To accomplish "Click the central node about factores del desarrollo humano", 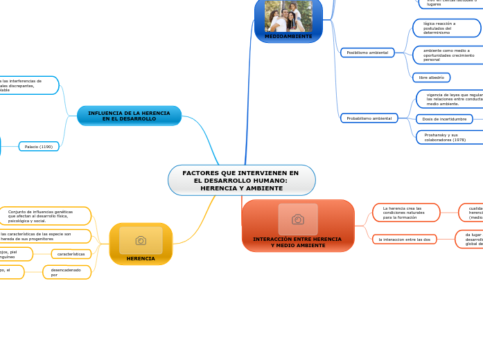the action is [241, 180].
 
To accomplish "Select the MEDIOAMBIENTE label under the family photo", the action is [288, 36].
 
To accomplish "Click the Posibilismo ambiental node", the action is [367, 53].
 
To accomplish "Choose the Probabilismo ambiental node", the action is [369, 118].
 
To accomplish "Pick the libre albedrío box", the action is [431, 78].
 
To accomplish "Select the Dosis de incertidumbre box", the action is [444, 119].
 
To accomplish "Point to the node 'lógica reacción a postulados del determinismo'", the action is [446, 28].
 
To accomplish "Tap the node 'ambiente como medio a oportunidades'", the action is [446, 55].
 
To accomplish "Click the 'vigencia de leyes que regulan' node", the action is [450, 99].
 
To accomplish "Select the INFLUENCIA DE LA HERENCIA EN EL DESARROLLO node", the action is [129, 116].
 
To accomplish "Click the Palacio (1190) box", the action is [39, 147].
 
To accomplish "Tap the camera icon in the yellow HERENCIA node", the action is [141, 240].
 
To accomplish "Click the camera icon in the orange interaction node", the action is [298, 219].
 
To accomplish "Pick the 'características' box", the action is [71, 254].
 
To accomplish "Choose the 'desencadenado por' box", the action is [67, 272].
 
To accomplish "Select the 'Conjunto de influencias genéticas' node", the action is [46, 216].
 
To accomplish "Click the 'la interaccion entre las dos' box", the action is [404, 239].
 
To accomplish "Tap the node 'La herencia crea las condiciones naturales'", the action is [406, 213].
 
